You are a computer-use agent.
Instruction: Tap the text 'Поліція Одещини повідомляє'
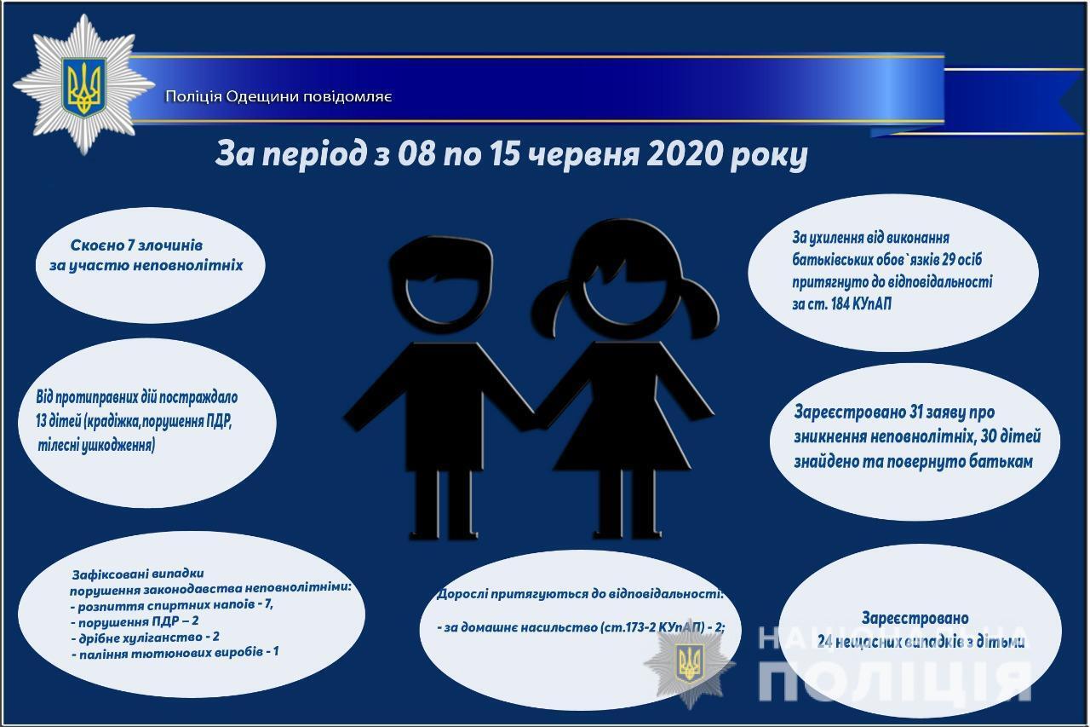tap(278, 96)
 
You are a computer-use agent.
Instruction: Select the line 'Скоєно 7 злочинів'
tap(136, 245)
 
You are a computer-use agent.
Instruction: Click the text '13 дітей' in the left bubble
tap(50, 421)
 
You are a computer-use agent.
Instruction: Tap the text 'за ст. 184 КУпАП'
tap(841, 304)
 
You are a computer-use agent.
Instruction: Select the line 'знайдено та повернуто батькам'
tap(913, 461)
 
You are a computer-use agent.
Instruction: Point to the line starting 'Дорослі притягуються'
tap(579, 594)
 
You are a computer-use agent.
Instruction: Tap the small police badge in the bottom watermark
tap(689, 662)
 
